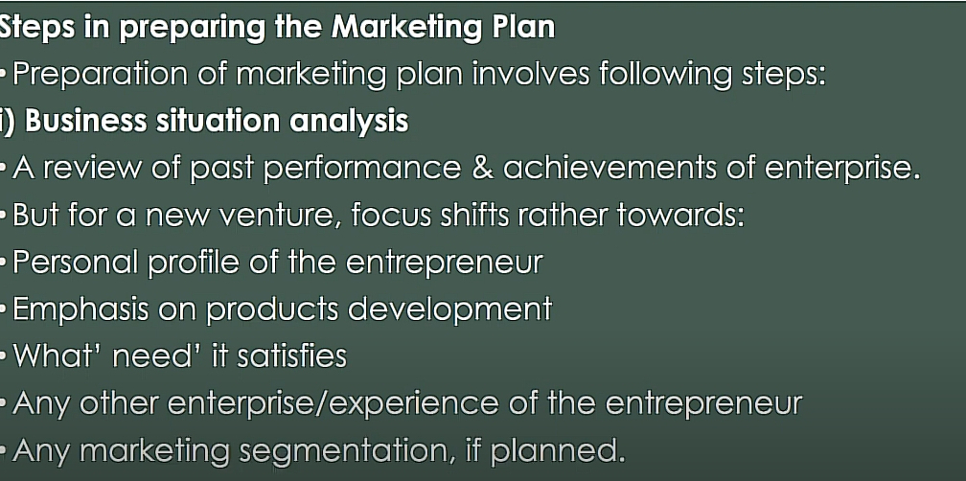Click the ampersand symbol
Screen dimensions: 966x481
click(482, 168)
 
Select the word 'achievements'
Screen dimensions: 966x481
click(609, 168)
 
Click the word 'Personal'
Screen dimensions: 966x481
click(77, 262)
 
